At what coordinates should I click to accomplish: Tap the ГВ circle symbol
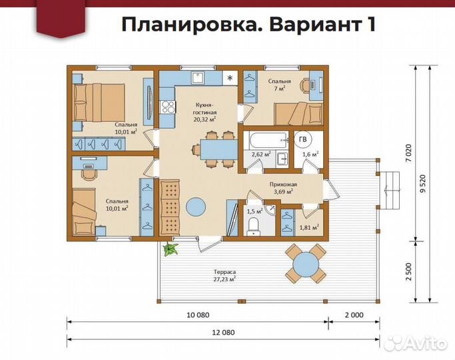tap(303, 139)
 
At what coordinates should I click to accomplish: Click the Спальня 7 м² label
tap(280, 85)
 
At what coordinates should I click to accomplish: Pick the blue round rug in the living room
tap(195, 208)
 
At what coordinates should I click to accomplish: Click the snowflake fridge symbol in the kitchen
tap(230, 78)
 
